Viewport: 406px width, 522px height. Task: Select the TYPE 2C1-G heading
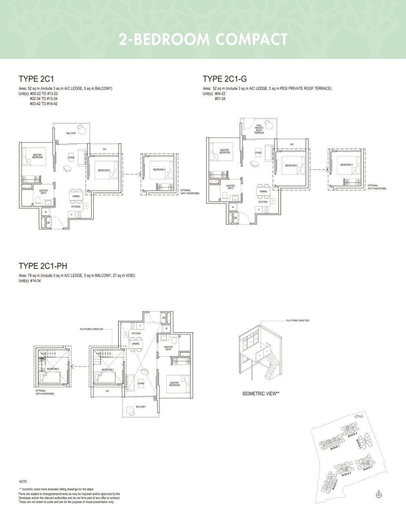(225, 79)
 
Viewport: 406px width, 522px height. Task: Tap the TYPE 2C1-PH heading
(43, 266)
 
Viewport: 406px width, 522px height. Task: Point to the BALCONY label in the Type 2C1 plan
(71, 133)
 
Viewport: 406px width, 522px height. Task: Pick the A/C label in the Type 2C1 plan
(104, 149)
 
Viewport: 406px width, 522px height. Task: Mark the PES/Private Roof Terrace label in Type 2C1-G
(259, 129)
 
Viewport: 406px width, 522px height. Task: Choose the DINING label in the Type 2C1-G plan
(263, 191)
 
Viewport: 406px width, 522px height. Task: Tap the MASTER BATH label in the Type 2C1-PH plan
(168, 348)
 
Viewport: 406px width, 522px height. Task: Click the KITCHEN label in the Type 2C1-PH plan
(136, 334)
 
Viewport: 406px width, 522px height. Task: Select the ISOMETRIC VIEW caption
(261, 394)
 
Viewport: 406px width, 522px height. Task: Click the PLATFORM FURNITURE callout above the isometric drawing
(297, 321)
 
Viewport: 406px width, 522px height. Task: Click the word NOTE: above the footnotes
(23, 481)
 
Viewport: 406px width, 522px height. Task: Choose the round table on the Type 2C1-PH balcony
(130, 410)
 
